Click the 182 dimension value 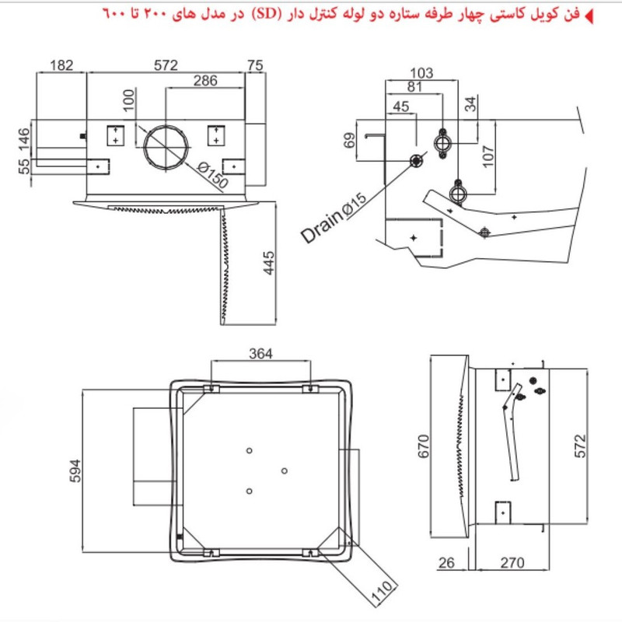click(62, 65)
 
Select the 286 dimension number click(205, 80)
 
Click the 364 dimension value click(260, 355)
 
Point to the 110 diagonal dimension click(379, 592)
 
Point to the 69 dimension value click(349, 141)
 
